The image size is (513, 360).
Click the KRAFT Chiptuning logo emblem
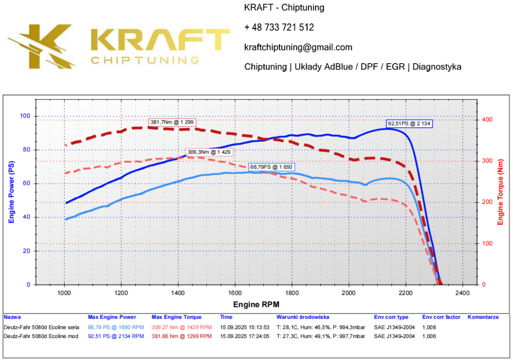43,47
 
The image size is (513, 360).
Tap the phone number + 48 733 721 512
279,28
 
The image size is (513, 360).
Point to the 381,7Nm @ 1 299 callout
172,122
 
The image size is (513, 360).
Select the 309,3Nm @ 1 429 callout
209,152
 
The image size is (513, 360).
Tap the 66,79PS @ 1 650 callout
272,167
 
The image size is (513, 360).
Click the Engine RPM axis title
256,304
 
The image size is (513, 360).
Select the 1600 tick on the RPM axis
234,292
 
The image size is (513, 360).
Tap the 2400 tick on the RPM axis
462,292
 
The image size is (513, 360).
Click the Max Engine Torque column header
176,317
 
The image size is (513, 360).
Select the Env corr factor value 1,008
429,327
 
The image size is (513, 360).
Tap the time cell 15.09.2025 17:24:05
245,336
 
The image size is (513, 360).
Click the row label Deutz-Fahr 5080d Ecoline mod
41,336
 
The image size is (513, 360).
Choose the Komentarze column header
483,317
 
